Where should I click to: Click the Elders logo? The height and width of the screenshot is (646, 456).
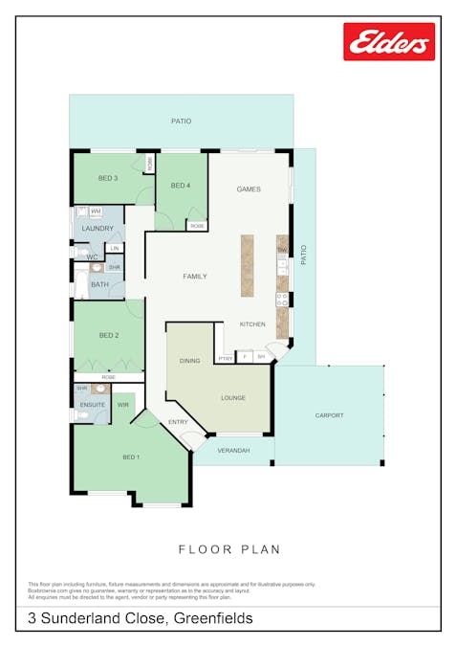(x=388, y=41)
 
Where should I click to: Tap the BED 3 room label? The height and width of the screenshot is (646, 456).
(x=108, y=178)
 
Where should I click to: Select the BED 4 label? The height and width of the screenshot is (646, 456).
(x=181, y=186)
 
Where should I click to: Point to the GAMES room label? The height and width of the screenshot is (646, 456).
(x=249, y=189)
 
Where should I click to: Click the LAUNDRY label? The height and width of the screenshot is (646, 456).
(x=98, y=229)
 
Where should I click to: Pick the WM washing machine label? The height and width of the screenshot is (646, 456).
(x=97, y=211)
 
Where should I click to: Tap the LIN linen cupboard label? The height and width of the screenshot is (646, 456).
(x=115, y=249)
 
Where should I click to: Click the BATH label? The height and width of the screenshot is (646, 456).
(x=99, y=284)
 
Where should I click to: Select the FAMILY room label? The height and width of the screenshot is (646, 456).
(x=195, y=277)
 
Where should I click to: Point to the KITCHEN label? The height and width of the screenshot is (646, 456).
(x=252, y=324)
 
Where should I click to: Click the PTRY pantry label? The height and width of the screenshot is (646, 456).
(x=226, y=358)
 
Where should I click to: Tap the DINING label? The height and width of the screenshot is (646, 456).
(x=189, y=361)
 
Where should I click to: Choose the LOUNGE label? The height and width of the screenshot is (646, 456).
(x=233, y=397)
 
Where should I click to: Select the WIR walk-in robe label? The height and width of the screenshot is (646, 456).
(x=122, y=406)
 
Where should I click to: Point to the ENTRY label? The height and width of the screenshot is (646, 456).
(x=179, y=422)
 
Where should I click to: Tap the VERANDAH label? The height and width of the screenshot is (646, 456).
(x=233, y=450)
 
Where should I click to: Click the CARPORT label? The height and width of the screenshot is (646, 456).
(x=329, y=415)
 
